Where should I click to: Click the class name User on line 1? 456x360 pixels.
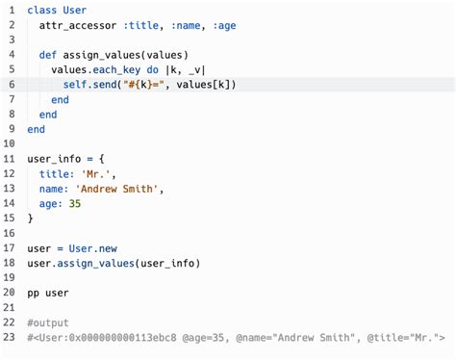point(75,10)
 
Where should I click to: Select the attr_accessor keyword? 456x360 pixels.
point(78,25)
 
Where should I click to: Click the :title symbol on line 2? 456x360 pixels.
point(141,25)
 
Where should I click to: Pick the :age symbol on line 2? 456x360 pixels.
point(224,26)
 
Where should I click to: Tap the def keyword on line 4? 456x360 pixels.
point(48,55)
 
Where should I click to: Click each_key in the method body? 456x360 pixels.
point(116,70)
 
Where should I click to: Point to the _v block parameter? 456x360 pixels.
point(194,70)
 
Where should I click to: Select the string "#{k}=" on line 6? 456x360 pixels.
point(143,85)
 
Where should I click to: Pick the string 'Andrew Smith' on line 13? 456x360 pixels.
point(116,189)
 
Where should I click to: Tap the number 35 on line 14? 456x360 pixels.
point(75,204)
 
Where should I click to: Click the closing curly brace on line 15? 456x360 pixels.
point(31,219)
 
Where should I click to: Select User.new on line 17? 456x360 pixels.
point(93,248)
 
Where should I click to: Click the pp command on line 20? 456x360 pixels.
point(33,294)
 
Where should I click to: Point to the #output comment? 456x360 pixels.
point(48,322)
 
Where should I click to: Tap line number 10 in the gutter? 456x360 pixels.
point(9,143)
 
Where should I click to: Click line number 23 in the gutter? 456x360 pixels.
point(9,337)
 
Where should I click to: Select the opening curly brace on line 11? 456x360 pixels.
point(101,159)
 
